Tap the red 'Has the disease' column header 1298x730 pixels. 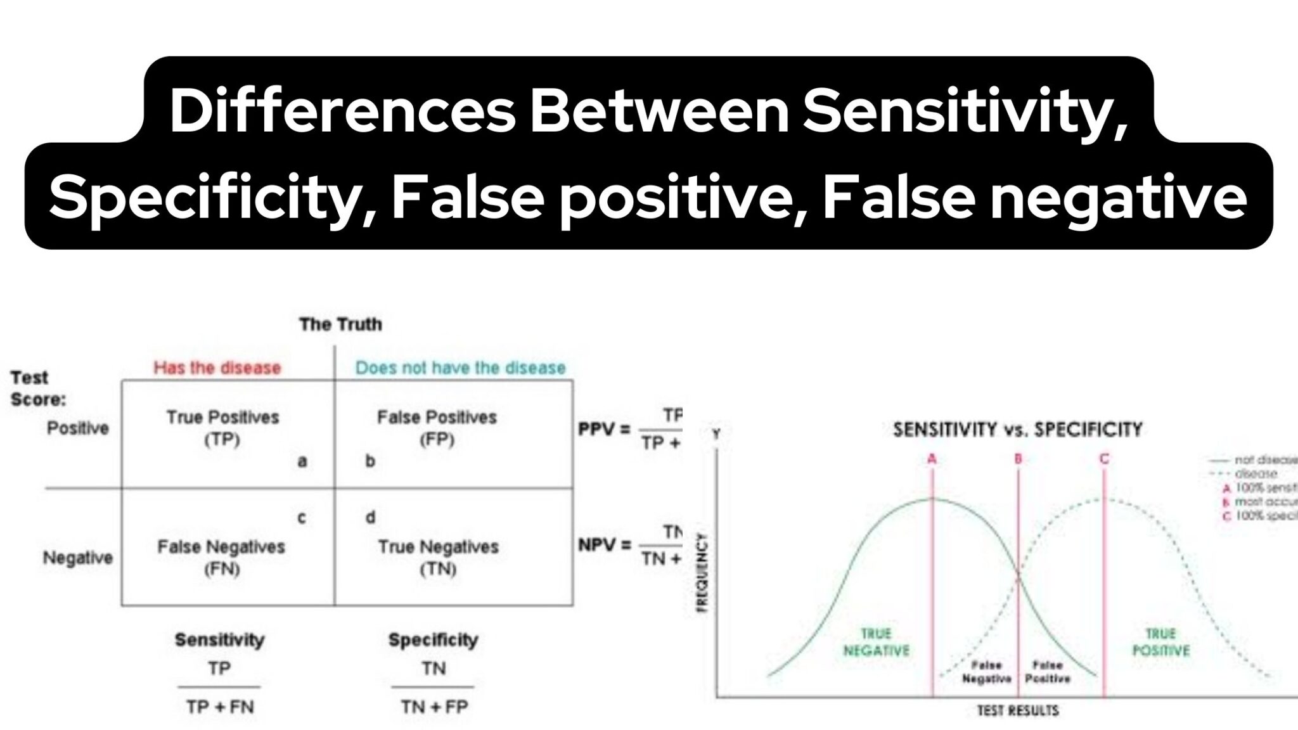click(x=217, y=368)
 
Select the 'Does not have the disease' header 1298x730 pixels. click(x=460, y=368)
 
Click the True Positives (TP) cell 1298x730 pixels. click(x=222, y=428)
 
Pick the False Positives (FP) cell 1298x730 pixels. click(x=437, y=428)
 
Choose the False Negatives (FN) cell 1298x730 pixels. click(x=221, y=557)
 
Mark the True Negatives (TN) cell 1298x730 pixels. click(x=438, y=557)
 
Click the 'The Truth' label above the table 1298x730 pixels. click(x=340, y=324)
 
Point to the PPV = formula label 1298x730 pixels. click(x=604, y=430)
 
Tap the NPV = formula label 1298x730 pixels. click(x=605, y=545)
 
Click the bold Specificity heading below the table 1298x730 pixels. click(x=433, y=639)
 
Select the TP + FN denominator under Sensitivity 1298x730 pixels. click(x=220, y=707)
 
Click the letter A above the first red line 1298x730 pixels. click(x=932, y=458)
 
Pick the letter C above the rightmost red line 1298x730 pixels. click(x=1104, y=458)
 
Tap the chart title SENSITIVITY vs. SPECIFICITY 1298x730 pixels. click(x=1017, y=430)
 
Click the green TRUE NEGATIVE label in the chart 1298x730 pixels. click(x=877, y=642)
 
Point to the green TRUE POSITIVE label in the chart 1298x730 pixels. click(x=1160, y=642)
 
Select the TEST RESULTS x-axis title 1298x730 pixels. click(x=1017, y=710)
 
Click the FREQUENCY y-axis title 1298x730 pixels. click(x=702, y=572)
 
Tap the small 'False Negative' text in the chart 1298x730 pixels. click(x=986, y=672)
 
